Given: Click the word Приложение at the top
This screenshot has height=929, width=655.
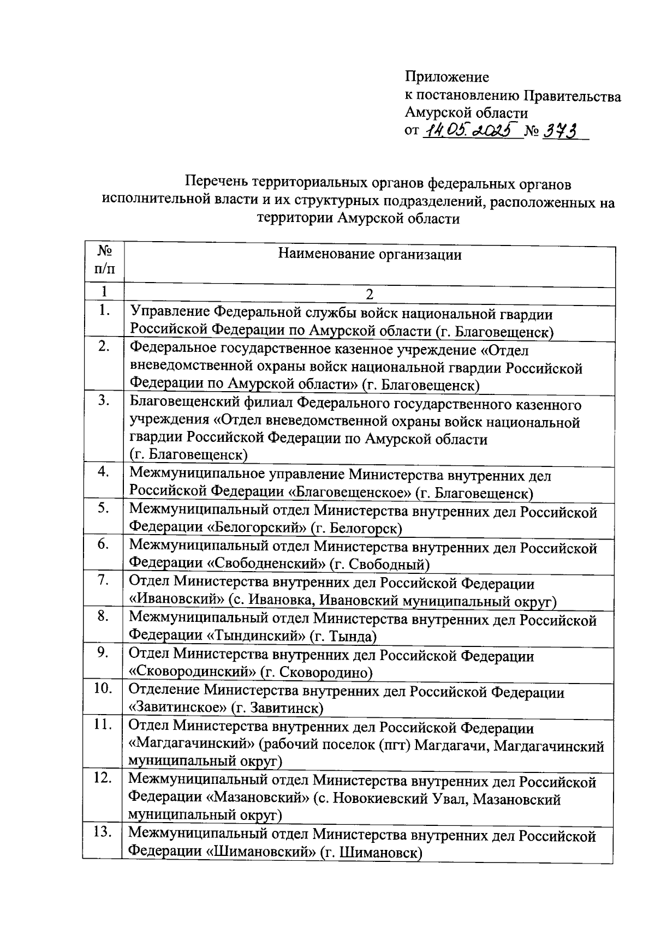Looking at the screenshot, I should click(446, 77).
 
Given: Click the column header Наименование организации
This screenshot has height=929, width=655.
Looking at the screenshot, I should click(370, 255).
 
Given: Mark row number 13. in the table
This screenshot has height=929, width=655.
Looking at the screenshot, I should click(103, 832).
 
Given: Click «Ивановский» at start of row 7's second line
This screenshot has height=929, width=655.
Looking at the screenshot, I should click(177, 600).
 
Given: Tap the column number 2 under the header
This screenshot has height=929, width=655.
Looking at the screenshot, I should click(370, 295).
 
